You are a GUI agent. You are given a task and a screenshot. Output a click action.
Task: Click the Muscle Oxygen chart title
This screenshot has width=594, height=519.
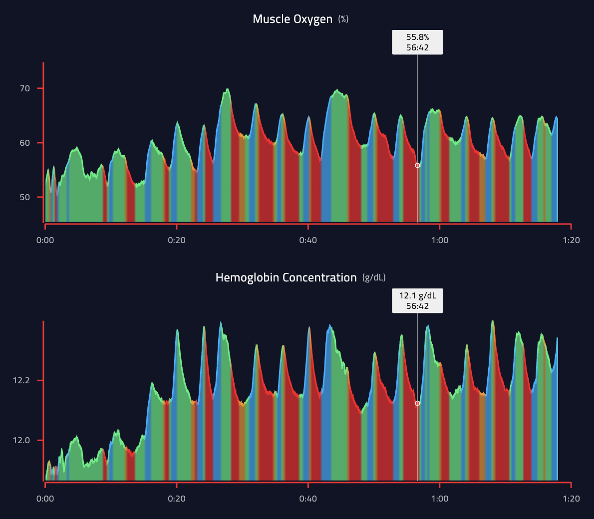(x=292, y=19)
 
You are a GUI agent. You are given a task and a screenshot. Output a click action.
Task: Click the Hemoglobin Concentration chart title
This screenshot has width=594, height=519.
(x=286, y=277)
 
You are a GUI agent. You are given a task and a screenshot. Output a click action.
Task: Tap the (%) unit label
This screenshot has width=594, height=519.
(x=343, y=19)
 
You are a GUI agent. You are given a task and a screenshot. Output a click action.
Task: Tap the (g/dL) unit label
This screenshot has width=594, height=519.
(x=374, y=277)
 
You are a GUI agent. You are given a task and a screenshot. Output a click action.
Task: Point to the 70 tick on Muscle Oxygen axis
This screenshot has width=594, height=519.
(x=25, y=88)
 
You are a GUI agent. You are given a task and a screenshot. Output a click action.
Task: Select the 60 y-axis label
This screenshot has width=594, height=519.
(x=25, y=143)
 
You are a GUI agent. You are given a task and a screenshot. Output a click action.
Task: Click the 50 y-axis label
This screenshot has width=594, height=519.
(x=25, y=197)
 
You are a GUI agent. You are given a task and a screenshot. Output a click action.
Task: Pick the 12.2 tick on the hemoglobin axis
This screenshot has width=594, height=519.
(x=21, y=380)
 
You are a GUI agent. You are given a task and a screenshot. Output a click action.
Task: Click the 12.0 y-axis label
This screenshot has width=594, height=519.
(x=21, y=440)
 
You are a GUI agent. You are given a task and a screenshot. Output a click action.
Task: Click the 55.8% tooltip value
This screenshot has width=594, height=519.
(x=417, y=37)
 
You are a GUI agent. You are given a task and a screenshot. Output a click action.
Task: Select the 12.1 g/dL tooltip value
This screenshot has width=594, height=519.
(x=417, y=295)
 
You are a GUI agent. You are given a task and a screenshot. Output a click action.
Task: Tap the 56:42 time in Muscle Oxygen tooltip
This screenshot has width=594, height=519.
(x=417, y=47)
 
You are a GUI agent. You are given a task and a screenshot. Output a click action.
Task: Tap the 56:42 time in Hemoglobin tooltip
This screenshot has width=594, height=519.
(x=417, y=306)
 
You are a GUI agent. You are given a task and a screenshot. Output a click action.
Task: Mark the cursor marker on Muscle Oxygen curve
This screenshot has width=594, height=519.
(x=417, y=165)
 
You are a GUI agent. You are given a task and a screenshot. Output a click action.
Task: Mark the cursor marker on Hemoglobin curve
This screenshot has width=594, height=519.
(x=417, y=403)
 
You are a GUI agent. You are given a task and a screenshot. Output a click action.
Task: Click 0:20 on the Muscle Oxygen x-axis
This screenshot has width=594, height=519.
(x=177, y=240)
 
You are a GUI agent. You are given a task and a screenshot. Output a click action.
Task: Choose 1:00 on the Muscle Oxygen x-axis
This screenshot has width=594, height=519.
(x=439, y=240)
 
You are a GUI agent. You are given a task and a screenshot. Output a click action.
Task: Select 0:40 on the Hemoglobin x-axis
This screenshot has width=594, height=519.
(x=308, y=499)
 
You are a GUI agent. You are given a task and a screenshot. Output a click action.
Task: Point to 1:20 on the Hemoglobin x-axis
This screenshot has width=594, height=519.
(x=571, y=499)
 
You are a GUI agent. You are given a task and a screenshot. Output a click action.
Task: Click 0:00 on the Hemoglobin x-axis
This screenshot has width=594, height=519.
(x=45, y=499)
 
